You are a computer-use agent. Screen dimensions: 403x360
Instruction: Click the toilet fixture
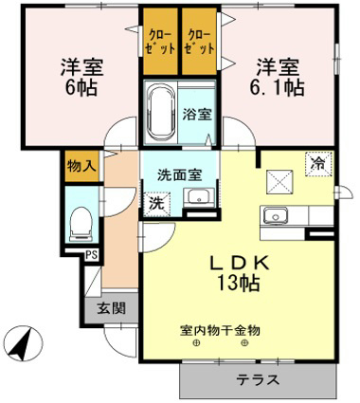tap(81, 223)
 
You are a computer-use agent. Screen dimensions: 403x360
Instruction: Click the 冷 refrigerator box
tap(319, 164)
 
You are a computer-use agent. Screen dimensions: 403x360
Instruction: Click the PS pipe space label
tap(91, 254)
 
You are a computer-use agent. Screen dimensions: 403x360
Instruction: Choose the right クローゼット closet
tap(198, 42)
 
